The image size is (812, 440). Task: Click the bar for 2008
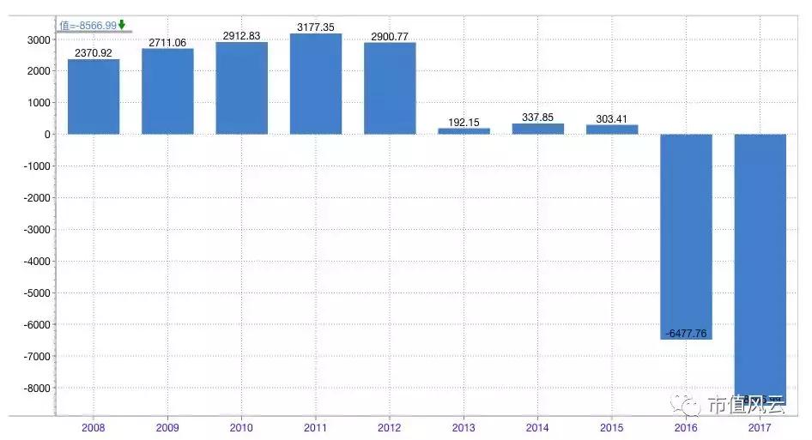[94, 96]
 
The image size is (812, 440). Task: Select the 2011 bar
[316, 84]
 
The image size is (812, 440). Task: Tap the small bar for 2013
[464, 131]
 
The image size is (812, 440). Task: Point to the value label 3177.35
[316, 28]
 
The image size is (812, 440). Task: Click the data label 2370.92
[94, 53]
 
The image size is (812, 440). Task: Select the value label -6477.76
[686, 334]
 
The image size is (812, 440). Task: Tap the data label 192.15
[464, 123]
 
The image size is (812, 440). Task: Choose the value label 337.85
[538, 118]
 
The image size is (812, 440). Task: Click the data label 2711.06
[167, 43]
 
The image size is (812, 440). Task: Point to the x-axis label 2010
[241, 427]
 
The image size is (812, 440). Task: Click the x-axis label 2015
[612, 427]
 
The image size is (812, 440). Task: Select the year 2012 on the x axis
[390, 427]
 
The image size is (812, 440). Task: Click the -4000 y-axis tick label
[35, 262]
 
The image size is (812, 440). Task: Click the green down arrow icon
[122, 24]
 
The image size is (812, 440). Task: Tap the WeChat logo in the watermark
[689, 403]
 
